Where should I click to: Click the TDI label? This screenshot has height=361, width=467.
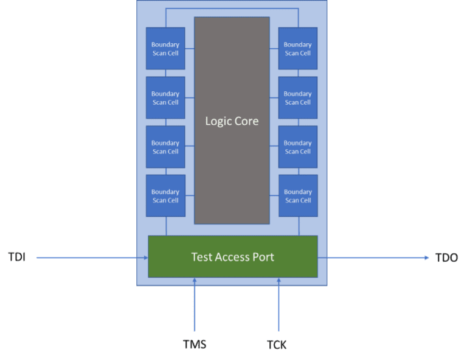coord(17,257)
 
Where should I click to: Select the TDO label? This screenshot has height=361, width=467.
coord(446,258)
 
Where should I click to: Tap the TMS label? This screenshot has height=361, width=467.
coord(195,345)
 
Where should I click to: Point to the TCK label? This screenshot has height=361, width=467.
coord(277,345)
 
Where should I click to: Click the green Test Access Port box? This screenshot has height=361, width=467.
coord(233,256)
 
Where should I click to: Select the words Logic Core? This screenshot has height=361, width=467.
coord(232,121)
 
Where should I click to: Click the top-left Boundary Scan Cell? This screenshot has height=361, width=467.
coord(165,49)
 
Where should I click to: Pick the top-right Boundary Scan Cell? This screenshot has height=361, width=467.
coord(297,49)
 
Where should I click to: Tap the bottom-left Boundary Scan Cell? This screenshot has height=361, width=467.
coord(165,196)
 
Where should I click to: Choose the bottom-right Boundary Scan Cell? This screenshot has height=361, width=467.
coord(297,196)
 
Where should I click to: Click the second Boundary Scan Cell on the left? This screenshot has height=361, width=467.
coord(165,98)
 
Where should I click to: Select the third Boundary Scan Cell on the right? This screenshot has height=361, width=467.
coord(297,147)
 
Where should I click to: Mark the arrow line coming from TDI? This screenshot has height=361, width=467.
coord(91,258)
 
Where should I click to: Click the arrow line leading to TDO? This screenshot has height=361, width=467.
coord(374,258)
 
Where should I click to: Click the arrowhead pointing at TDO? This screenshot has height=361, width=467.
coord(426,258)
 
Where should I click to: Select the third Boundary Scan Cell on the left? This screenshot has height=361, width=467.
coord(165,147)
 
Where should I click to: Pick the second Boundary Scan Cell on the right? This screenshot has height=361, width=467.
coord(297,98)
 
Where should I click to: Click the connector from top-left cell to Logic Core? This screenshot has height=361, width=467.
coord(190,49)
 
